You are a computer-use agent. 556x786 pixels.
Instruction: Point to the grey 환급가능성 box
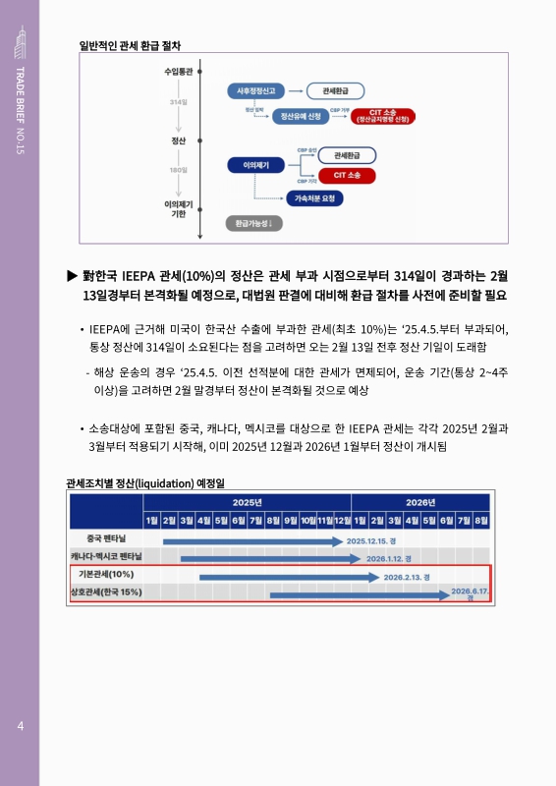click(253, 223)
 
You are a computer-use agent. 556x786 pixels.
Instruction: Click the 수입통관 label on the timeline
click(178, 72)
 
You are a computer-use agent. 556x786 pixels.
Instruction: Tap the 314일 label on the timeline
click(178, 101)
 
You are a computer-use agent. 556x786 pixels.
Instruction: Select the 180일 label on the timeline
click(178, 170)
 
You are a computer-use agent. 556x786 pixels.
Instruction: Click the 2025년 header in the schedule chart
click(247, 501)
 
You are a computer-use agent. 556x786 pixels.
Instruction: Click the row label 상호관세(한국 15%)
click(106, 591)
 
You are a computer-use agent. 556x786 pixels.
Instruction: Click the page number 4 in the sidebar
click(20, 726)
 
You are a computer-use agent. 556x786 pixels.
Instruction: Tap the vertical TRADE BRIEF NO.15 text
click(20, 113)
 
